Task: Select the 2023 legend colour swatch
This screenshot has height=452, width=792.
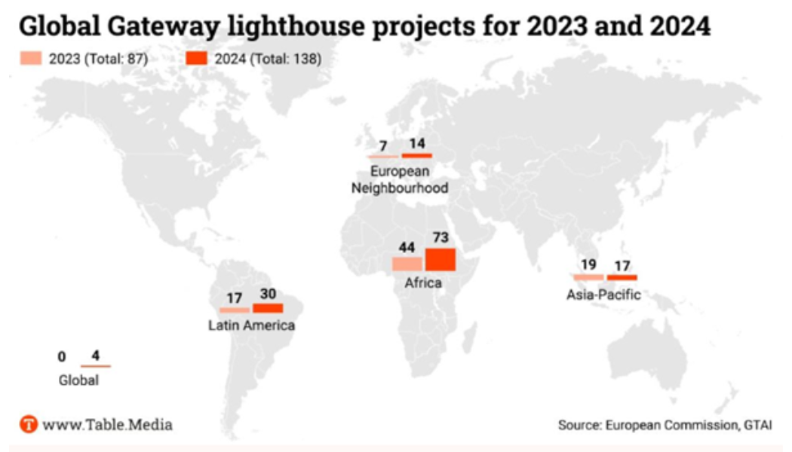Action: coord(30,59)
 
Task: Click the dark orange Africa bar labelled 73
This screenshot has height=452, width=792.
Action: coord(441,259)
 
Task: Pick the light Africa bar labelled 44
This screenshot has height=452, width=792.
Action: coord(407,264)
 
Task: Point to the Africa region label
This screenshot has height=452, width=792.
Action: coord(423,283)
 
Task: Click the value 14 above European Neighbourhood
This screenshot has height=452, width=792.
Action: coord(416,144)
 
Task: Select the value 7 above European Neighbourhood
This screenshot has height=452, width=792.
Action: coord(383,145)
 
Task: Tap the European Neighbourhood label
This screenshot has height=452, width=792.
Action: coord(400,179)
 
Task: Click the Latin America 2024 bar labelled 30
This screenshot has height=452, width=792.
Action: coord(268,307)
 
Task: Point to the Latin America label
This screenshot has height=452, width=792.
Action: coord(251,325)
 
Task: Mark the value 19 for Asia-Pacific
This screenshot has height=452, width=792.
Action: coord(588,265)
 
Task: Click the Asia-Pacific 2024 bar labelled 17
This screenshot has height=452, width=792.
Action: coord(622,277)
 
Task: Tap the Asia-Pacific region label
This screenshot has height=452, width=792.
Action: coord(603,294)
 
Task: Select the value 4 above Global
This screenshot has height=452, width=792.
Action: coord(95,356)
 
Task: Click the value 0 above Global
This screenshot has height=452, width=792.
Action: coord(62,356)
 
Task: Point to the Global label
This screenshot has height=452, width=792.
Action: coord(78,380)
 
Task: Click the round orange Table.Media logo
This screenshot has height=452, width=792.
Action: coord(28,424)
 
